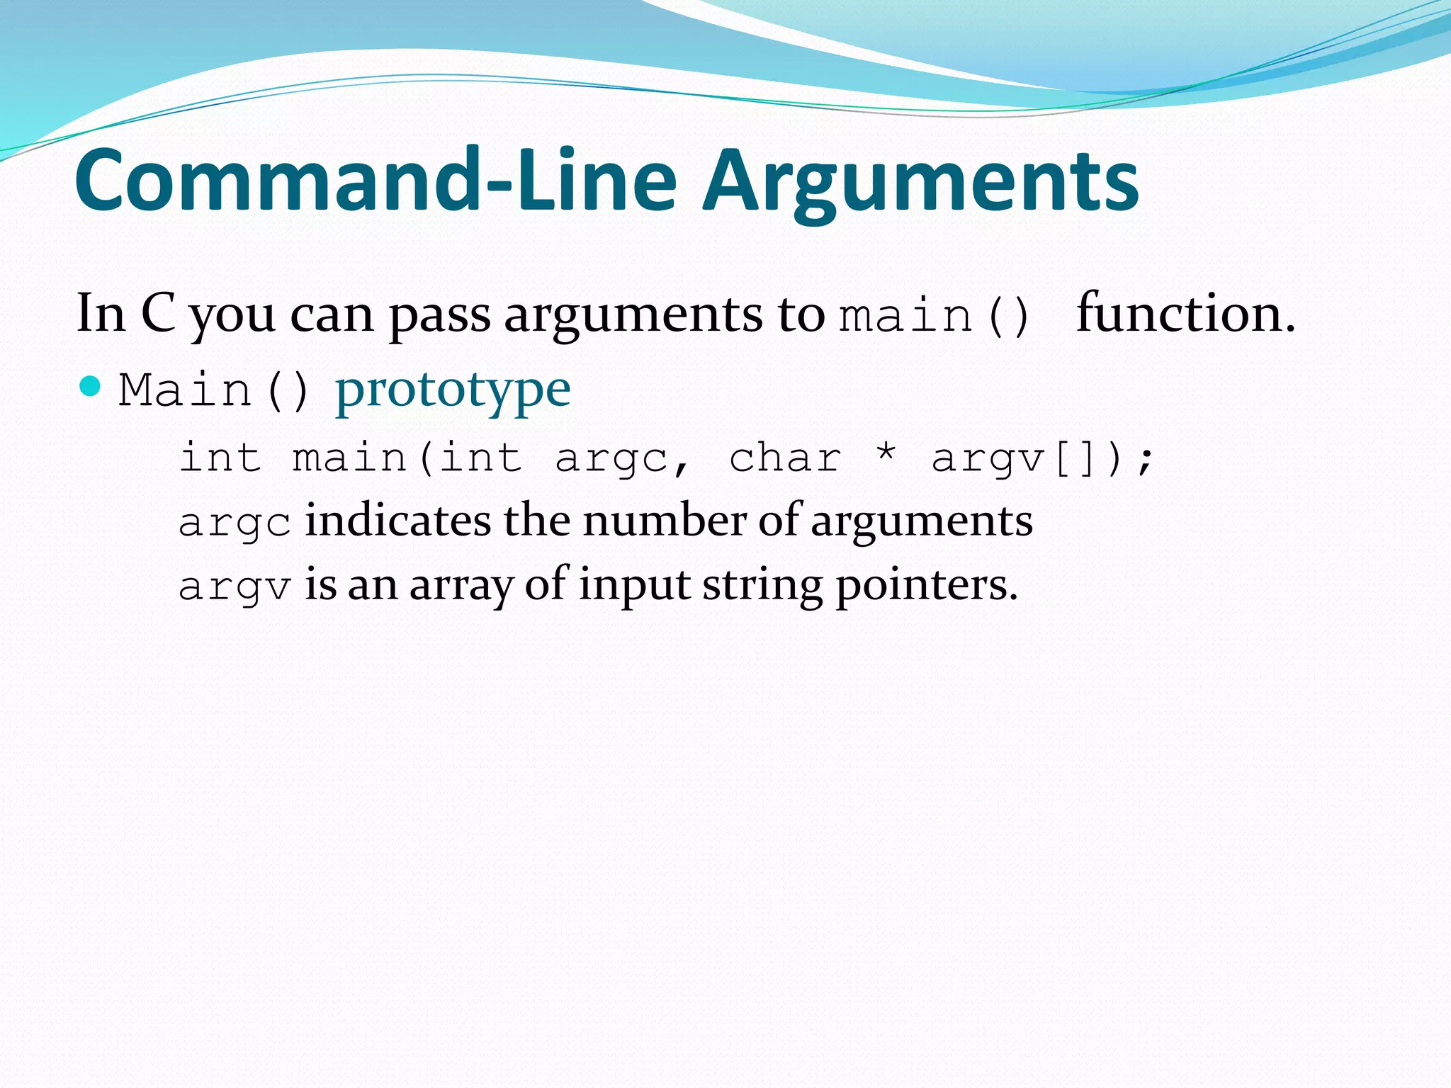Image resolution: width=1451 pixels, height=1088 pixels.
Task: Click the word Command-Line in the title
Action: [x=376, y=180]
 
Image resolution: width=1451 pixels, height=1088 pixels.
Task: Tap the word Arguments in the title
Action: [x=920, y=183]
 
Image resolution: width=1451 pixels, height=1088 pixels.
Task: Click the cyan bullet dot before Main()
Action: [x=90, y=386]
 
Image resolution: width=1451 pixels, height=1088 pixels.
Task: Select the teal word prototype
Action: [x=453, y=390]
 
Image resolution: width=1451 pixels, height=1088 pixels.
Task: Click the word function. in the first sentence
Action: [x=1185, y=313]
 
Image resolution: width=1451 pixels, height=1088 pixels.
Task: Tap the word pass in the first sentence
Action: [x=439, y=315]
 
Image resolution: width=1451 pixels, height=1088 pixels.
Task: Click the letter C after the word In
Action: [x=159, y=313]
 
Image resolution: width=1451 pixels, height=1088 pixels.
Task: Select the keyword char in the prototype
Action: [x=785, y=458]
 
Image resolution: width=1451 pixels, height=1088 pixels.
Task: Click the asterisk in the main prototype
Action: [x=886, y=453]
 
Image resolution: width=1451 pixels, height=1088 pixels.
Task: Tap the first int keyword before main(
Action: [x=220, y=458]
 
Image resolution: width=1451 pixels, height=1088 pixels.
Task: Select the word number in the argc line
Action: [x=664, y=521]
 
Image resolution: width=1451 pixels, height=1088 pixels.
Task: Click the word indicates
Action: [x=397, y=521]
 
